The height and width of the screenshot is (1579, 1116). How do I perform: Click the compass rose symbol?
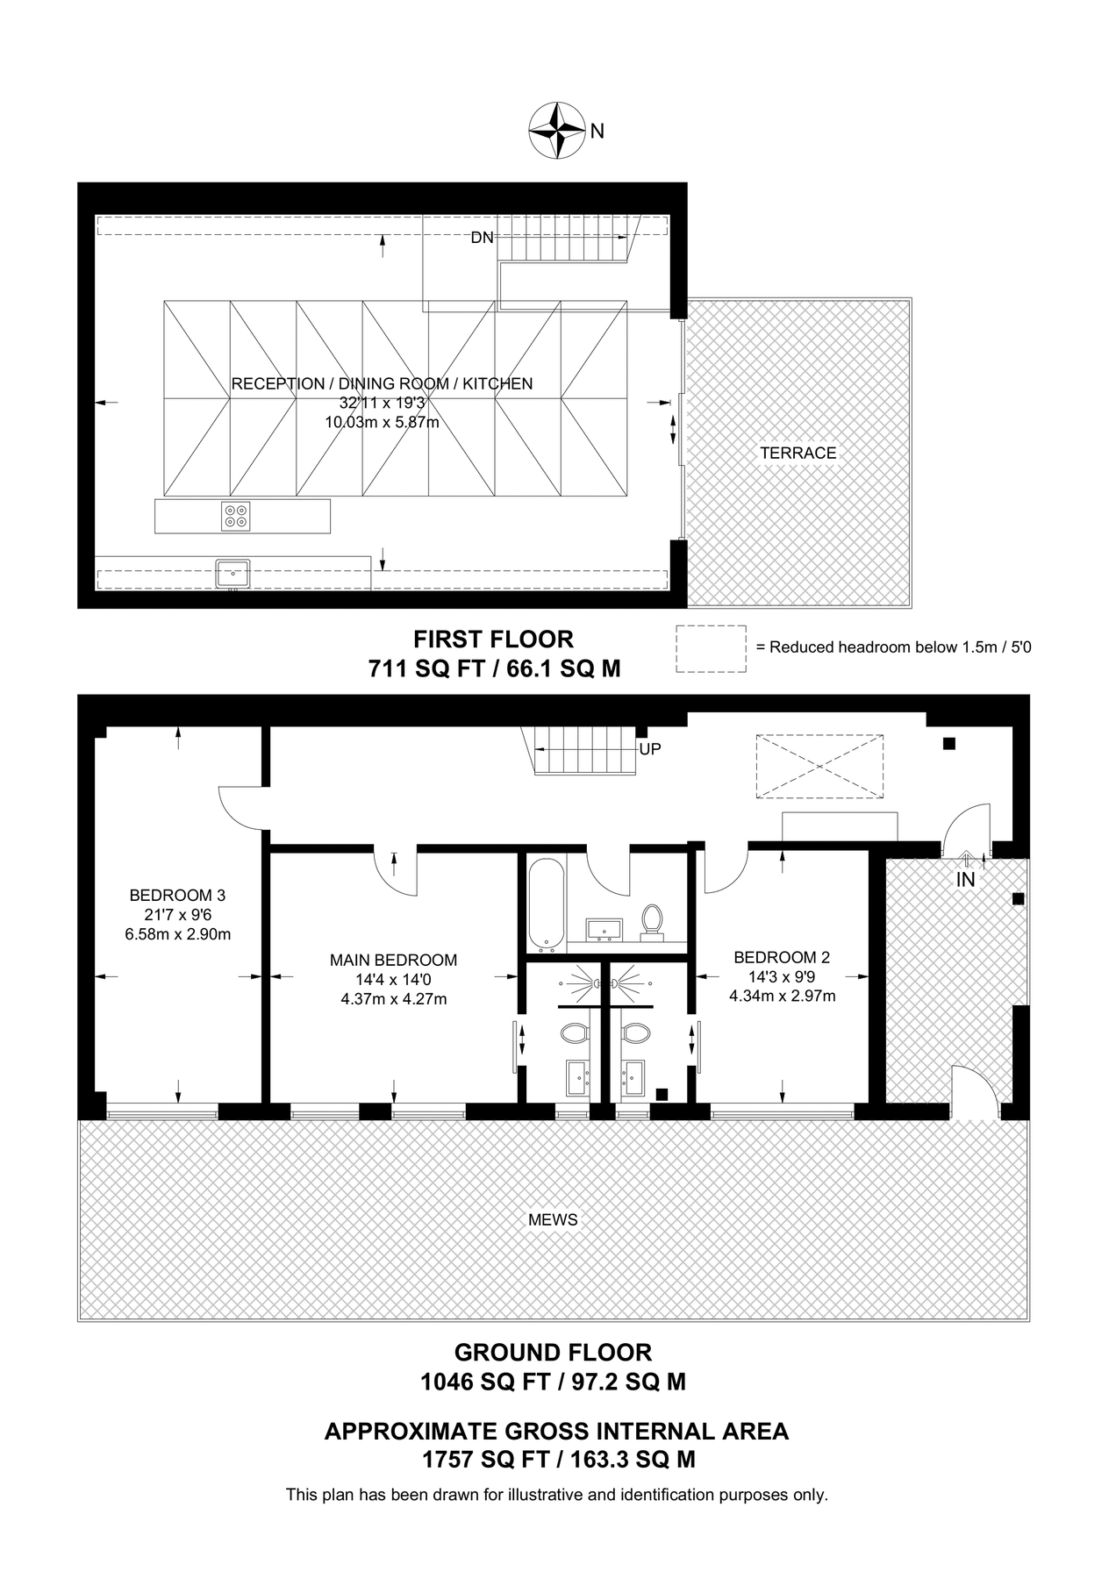[x=557, y=131]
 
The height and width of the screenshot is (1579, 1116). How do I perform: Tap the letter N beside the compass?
[x=597, y=132]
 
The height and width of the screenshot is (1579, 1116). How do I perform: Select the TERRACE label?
[x=798, y=453]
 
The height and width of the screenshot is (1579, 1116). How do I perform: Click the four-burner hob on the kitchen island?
[x=236, y=516]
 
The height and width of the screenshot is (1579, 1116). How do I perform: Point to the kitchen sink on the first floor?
[x=233, y=574]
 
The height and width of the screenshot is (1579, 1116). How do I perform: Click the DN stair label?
[x=482, y=238]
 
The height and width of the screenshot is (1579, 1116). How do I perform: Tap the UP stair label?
[x=650, y=749]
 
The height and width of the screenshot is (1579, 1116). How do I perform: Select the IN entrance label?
[x=965, y=879]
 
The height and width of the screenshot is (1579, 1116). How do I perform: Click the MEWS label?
[x=554, y=1219]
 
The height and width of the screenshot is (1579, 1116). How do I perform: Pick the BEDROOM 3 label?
[x=177, y=896]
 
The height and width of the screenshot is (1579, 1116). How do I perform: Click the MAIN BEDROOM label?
[x=393, y=961]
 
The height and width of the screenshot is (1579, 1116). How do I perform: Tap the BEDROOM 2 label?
[x=782, y=957]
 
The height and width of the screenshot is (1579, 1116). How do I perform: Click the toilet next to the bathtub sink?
[x=653, y=922]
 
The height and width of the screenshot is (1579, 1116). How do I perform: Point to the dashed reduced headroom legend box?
[x=711, y=649]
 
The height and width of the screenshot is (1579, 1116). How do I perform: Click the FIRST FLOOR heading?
[x=494, y=639]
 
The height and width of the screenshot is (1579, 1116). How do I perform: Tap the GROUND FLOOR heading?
[x=553, y=1352]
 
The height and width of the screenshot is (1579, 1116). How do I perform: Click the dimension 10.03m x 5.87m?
[x=383, y=422]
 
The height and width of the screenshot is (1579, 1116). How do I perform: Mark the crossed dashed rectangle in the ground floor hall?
[x=819, y=767]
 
